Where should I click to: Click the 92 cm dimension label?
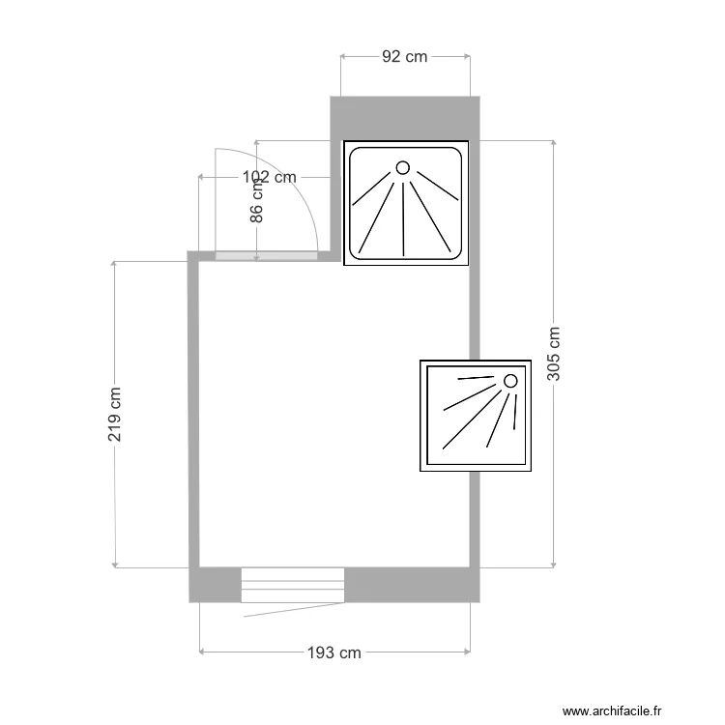405,56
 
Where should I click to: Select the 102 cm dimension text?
270,177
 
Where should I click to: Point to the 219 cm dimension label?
114,415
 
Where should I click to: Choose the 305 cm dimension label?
554,354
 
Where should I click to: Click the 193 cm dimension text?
334,652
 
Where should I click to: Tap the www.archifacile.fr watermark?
612,710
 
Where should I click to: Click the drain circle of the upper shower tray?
403,167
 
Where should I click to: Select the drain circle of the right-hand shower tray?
510,381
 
